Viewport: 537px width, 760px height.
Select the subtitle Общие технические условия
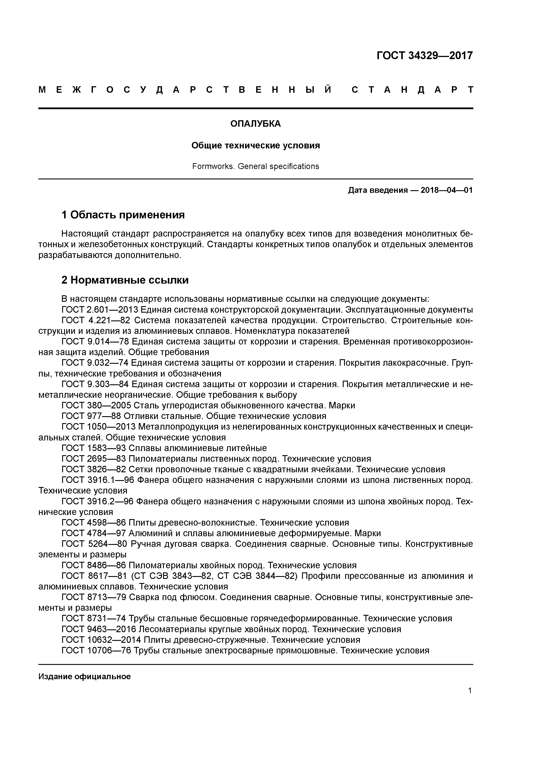pos(256,146)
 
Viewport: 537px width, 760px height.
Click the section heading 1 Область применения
pos(123,215)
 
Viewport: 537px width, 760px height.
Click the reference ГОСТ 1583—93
pos(94,448)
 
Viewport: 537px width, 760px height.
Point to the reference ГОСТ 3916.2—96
pos(97,502)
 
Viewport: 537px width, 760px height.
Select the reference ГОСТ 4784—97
pos(94,533)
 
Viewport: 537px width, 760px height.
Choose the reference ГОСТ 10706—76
pos(96,650)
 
